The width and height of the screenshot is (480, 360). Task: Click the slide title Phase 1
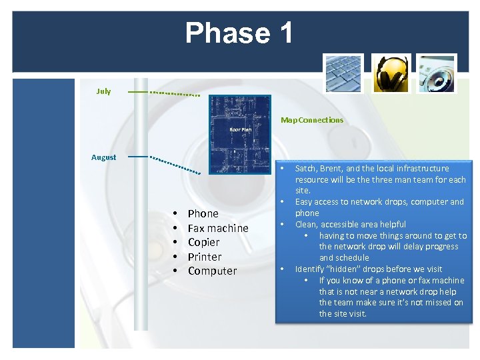239,33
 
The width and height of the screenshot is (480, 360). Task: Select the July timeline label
103,91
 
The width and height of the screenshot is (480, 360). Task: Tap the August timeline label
103,157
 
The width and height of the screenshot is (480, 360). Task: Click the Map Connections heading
312,120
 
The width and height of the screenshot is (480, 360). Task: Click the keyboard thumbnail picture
343,73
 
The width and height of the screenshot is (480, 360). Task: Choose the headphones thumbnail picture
390,73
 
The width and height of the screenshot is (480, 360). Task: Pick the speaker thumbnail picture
437,73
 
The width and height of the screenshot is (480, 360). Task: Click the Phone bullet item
203,213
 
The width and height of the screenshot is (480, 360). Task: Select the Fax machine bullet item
217,228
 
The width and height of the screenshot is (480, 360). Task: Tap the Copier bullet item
203,242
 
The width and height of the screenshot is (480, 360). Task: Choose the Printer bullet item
204,257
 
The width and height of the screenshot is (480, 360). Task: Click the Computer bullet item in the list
212,271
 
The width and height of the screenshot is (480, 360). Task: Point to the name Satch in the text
306,169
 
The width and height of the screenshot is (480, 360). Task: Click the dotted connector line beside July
175,93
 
